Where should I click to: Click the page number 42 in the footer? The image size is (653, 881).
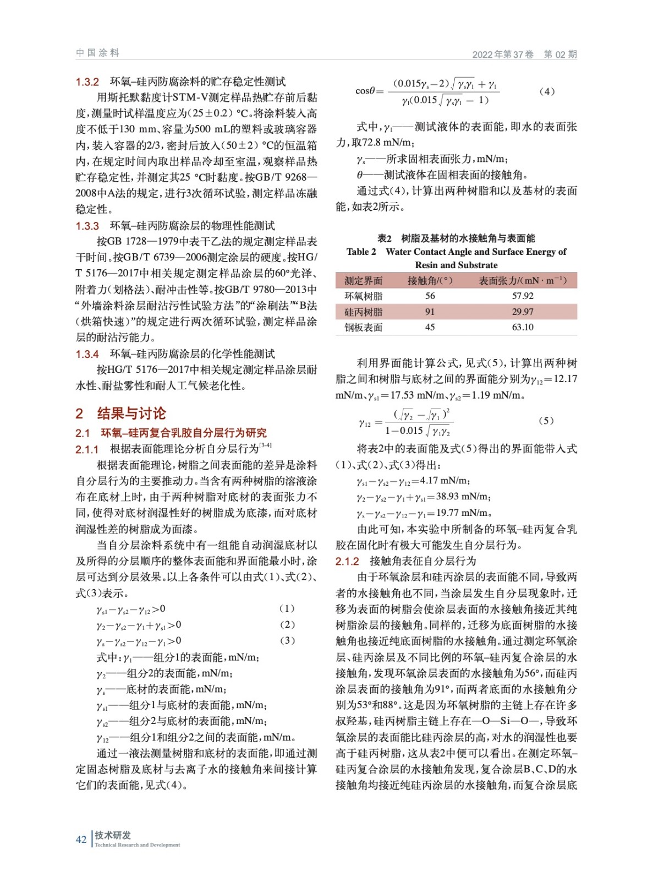click(x=81, y=839)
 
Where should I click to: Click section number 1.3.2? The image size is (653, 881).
click(x=87, y=82)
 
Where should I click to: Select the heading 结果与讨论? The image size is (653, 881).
click(x=131, y=414)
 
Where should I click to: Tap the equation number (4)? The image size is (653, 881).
click(x=546, y=91)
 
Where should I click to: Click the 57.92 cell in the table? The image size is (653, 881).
click(x=522, y=296)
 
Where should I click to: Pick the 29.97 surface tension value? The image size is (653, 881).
click(x=522, y=312)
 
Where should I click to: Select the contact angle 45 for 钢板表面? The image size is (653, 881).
click(x=430, y=327)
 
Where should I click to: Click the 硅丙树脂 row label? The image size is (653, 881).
click(x=363, y=312)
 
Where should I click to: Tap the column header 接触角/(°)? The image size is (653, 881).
click(x=430, y=281)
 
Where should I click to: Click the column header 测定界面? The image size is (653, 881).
click(x=363, y=281)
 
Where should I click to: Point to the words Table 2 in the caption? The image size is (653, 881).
click(x=361, y=252)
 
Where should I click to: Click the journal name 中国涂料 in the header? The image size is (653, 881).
click(x=97, y=53)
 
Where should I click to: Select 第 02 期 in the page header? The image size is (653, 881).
click(x=560, y=54)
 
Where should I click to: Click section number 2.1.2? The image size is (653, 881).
click(x=347, y=561)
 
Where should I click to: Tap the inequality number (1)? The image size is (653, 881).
click(x=287, y=608)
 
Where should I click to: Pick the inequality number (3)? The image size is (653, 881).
click(x=287, y=640)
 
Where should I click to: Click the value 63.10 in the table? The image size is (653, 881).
click(x=522, y=327)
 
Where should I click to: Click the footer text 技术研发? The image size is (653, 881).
click(x=113, y=835)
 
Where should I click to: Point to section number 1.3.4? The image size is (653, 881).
click(x=87, y=354)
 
